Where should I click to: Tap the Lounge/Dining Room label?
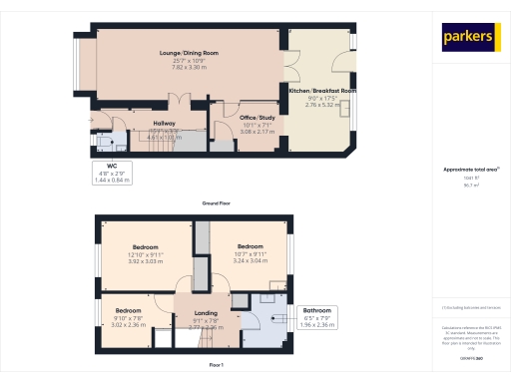point(189,52)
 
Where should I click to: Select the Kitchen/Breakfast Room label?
point(322,91)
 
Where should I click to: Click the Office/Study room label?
point(256,118)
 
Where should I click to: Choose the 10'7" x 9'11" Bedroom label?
point(250,246)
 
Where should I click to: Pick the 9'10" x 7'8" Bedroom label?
point(127,310)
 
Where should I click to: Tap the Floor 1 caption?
point(216,366)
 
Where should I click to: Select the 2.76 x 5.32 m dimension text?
point(322,103)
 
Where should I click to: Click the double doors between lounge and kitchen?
point(291,66)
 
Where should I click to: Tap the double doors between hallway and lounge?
point(177,102)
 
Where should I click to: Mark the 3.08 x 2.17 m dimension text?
point(256,131)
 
